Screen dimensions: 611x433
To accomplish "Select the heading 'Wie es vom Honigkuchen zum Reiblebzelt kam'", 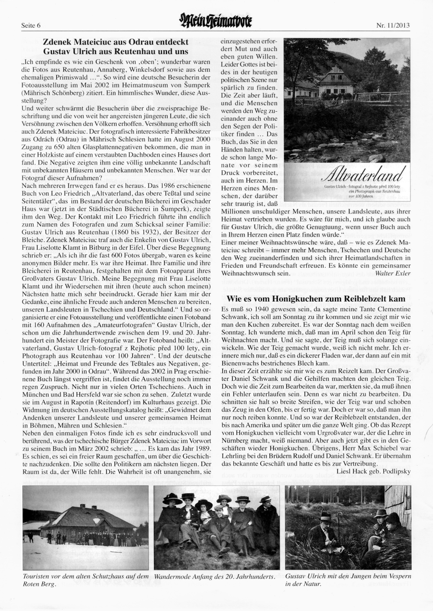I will pyautogui.click(x=316, y=299).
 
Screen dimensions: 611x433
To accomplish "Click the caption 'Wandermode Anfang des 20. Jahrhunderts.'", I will pyautogui.click(x=215, y=577).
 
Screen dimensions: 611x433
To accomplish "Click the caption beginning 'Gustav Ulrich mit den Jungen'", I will pyautogui.click(x=348, y=580).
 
